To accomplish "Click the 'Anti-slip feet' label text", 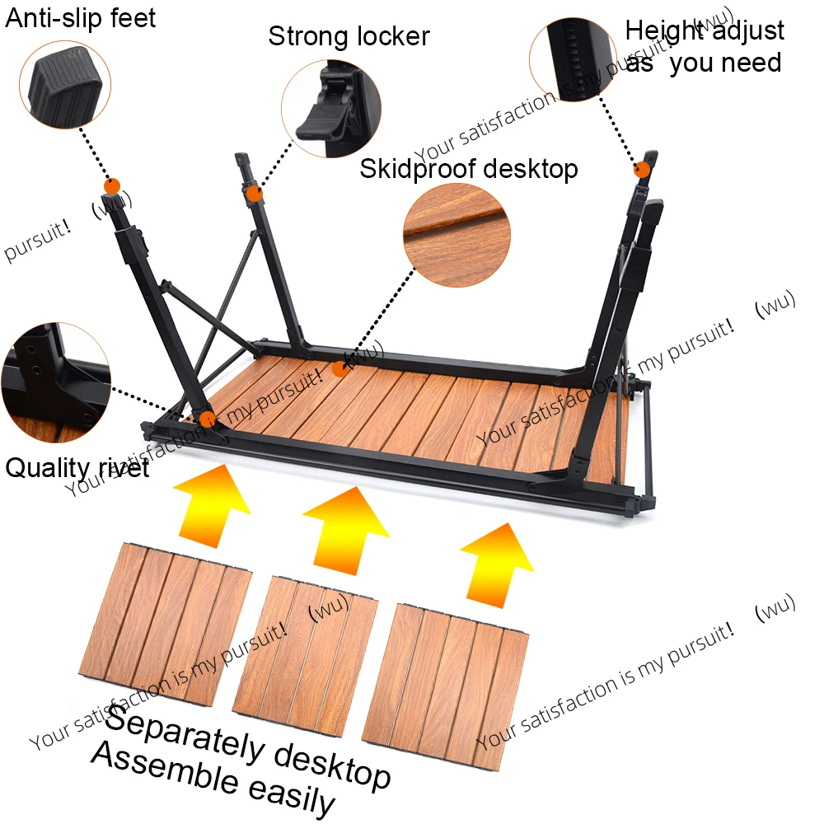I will click(x=80, y=18).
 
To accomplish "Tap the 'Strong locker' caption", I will click(x=349, y=36).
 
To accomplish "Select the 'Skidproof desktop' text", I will click(x=468, y=169).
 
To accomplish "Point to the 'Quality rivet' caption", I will click(x=77, y=468).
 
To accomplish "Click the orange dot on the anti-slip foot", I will click(x=112, y=185).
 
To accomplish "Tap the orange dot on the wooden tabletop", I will click(x=340, y=369).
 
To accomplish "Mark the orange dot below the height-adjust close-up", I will click(x=641, y=170).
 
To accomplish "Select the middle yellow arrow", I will click(x=345, y=527).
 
